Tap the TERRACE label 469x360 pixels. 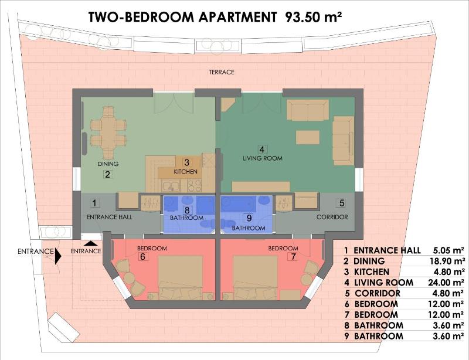tap(222, 72)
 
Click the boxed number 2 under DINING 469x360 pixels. tap(107, 174)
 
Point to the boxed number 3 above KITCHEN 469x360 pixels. tap(186, 162)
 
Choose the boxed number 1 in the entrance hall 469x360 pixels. tap(94, 203)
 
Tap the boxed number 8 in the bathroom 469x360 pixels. tap(186, 209)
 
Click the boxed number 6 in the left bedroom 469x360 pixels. tap(142, 257)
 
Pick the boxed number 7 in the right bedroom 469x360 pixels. tap(291, 257)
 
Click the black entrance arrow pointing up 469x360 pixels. tap(90, 242)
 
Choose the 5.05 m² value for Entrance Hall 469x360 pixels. tap(448, 250)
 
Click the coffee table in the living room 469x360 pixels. tap(307, 137)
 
